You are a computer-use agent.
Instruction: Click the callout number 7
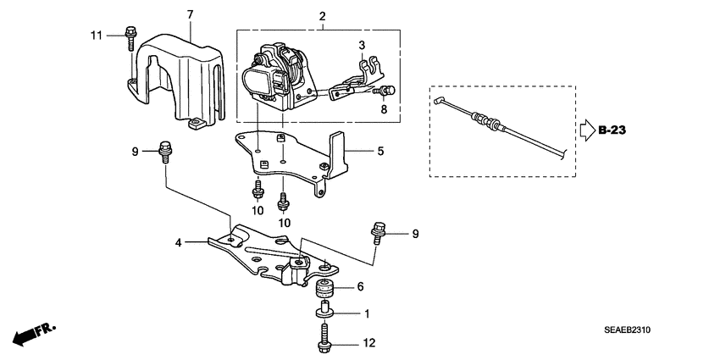[x=190, y=14]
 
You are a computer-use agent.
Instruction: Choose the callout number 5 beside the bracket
[x=380, y=152]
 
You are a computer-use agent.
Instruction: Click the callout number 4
[x=179, y=243]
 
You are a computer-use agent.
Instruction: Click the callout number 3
[x=361, y=44]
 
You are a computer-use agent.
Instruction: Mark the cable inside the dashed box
[x=500, y=125]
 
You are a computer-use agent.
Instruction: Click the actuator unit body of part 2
[x=271, y=80]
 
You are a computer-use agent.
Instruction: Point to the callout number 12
[x=368, y=344]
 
